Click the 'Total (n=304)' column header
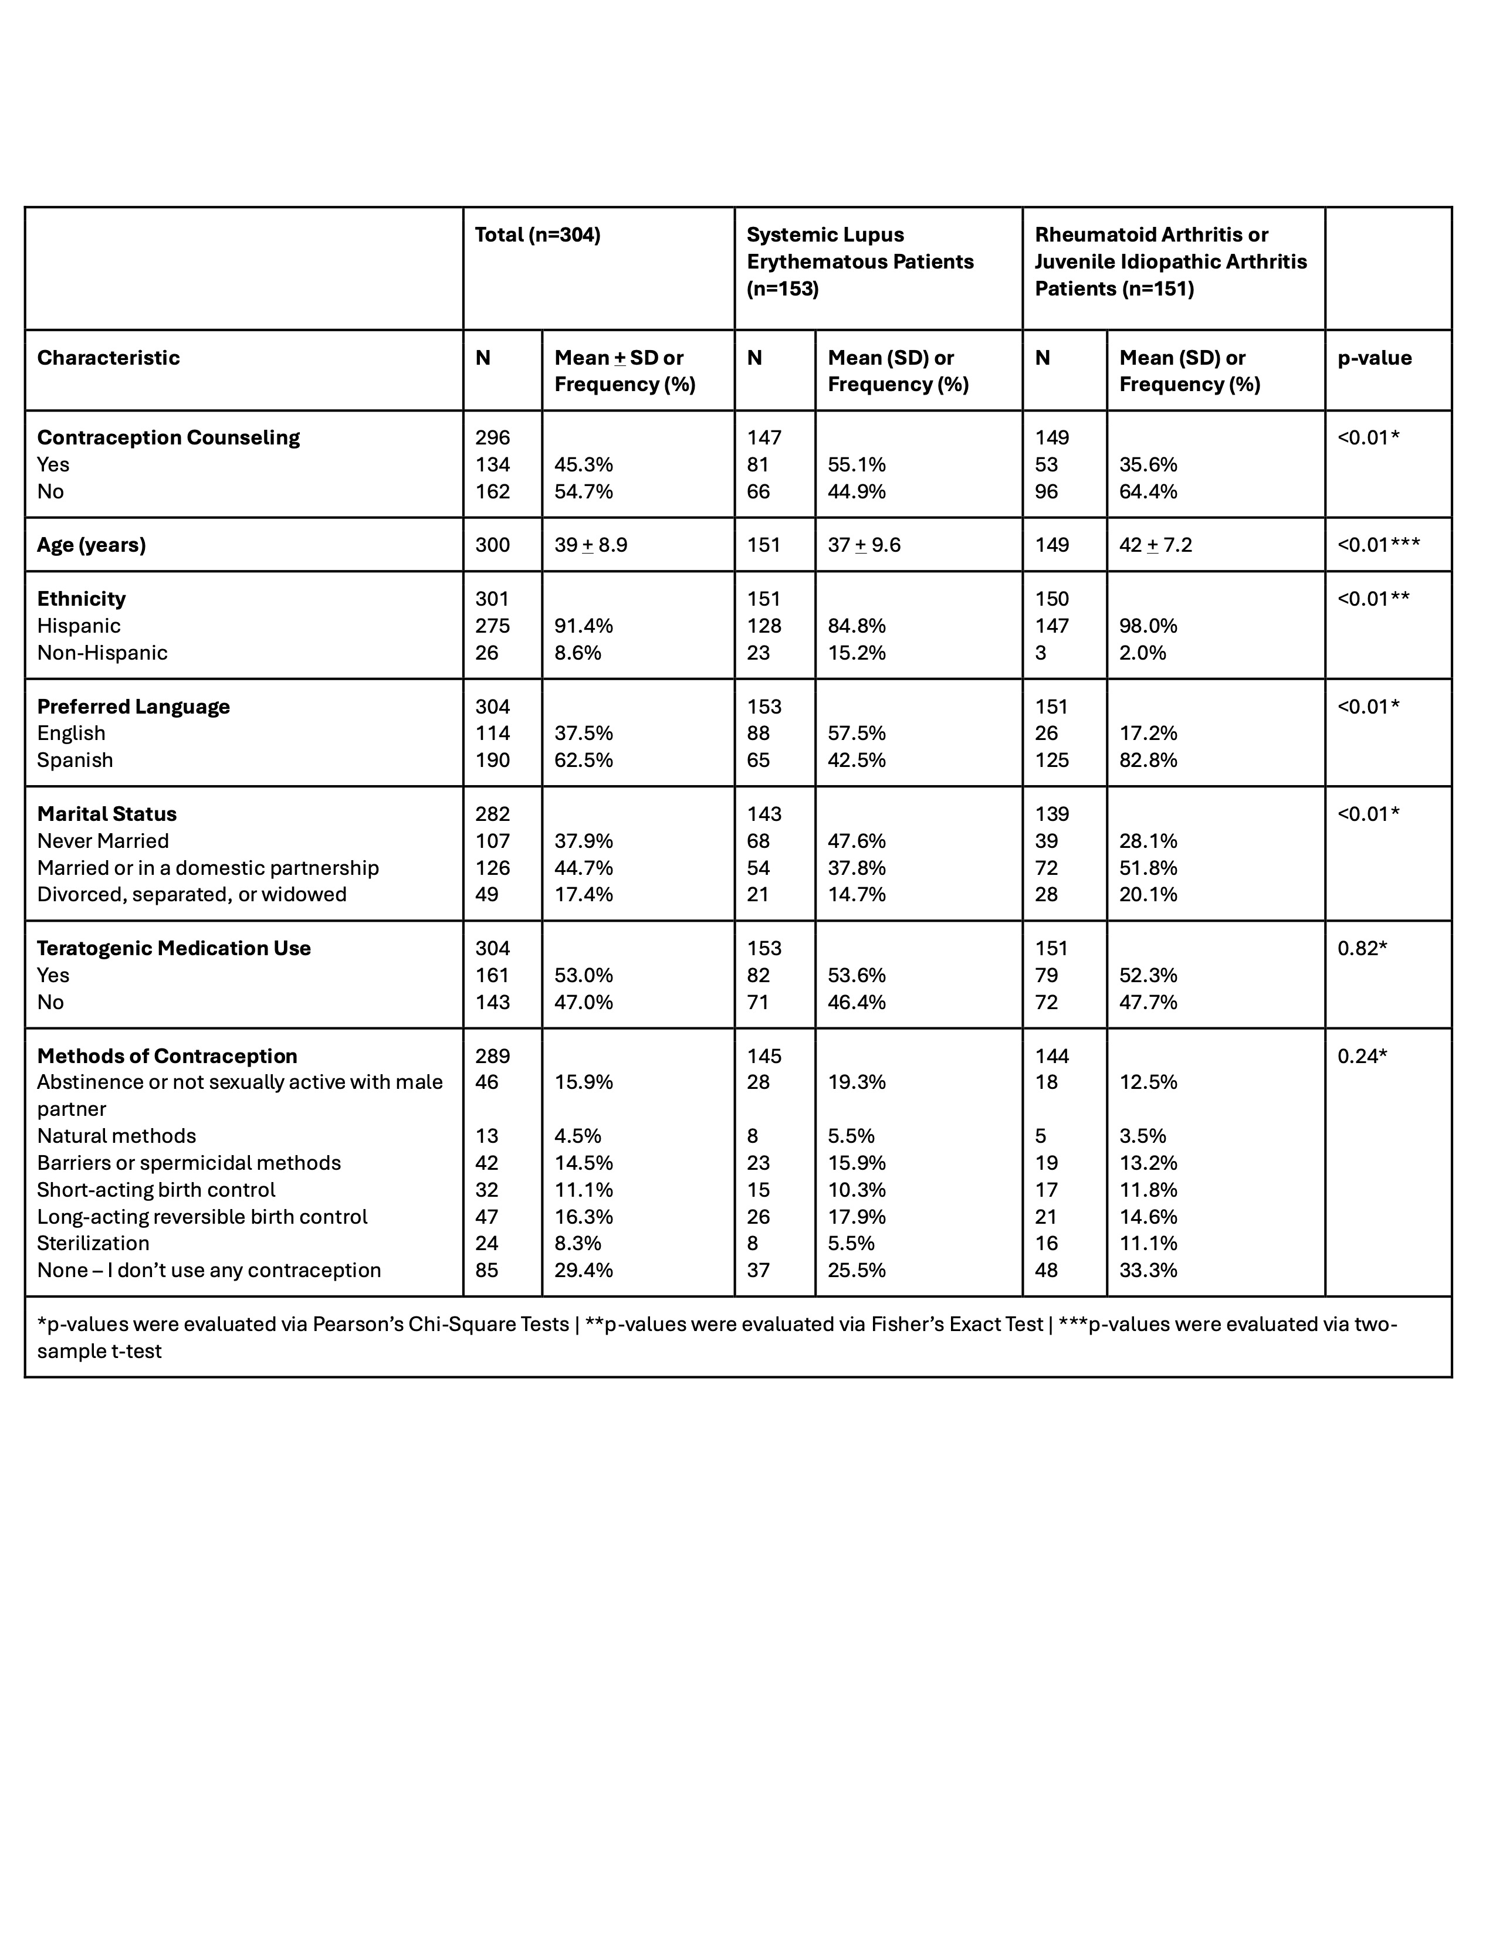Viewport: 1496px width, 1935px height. [537, 235]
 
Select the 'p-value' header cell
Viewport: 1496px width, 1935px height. [1374, 358]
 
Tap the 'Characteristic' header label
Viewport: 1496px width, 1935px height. [108, 358]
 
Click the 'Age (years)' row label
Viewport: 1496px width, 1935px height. [92, 545]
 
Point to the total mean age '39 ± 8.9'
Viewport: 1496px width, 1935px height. [590, 545]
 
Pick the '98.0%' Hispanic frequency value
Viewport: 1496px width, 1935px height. [1148, 626]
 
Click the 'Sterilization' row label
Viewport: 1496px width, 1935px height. [93, 1243]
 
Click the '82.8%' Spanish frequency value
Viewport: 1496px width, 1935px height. [1148, 760]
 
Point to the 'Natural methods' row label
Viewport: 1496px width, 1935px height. [116, 1136]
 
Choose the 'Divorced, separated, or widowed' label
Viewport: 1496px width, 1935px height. [191, 895]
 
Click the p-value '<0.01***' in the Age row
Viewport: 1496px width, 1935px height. [1377, 545]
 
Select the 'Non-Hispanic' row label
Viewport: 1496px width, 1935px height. [102, 653]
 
